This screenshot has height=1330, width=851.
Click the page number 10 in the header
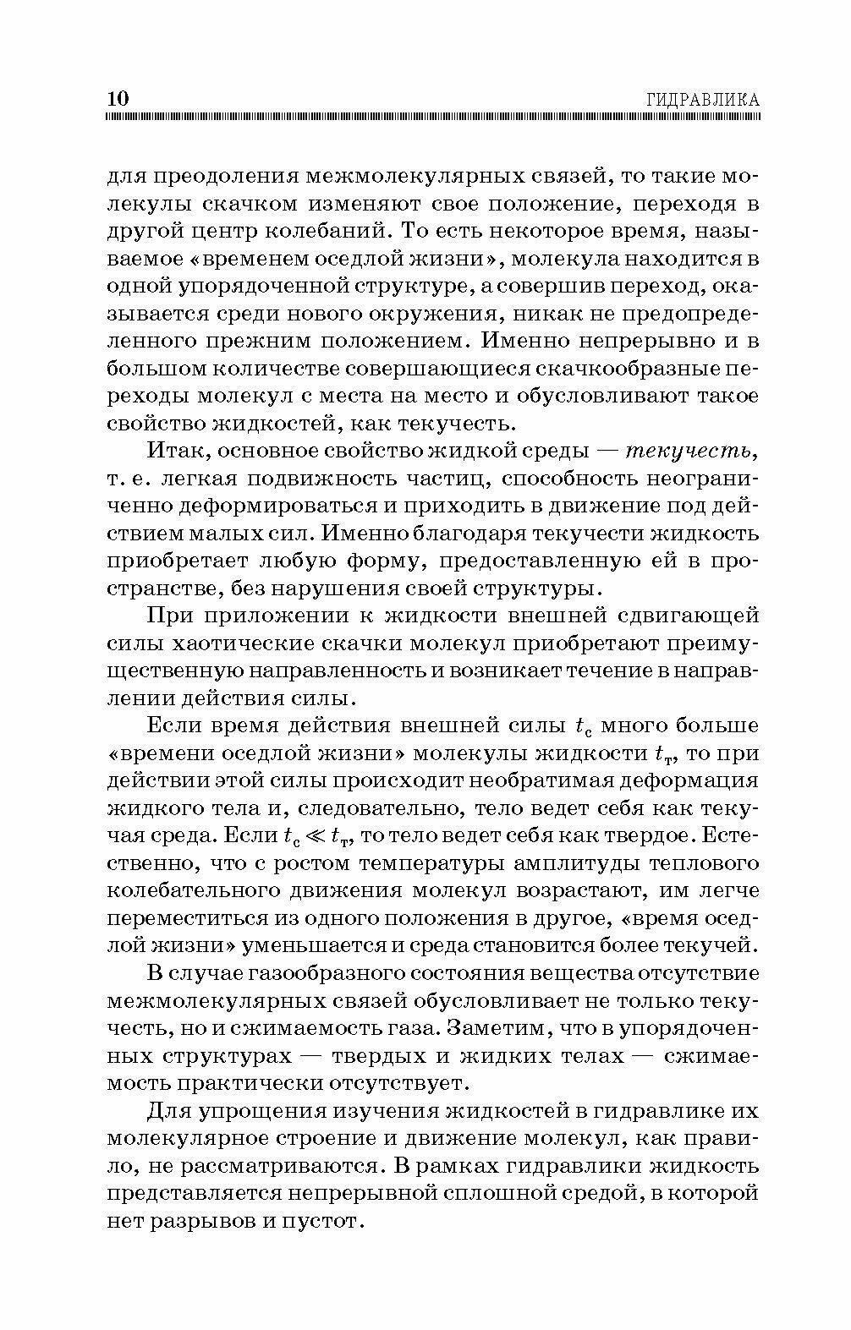pyautogui.click(x=118, y=97)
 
